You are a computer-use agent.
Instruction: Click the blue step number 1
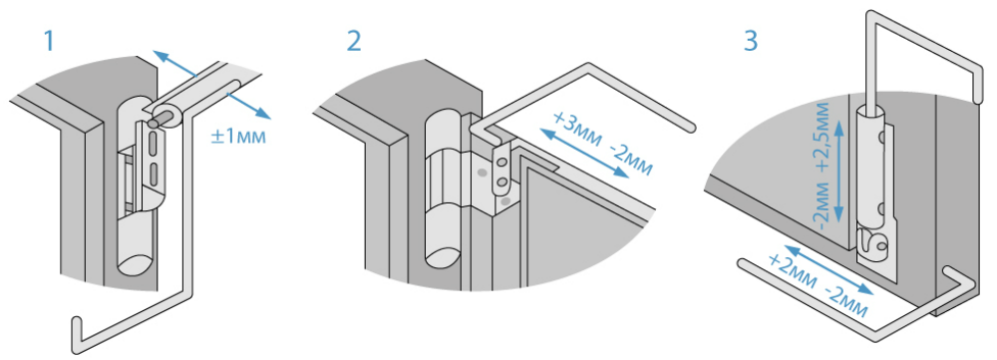[49, 41]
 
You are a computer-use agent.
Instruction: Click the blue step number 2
[354, 41]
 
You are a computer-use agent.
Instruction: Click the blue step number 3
[751, 41]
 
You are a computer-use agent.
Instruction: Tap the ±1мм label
[238, 136]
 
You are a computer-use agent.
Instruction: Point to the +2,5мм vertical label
[823, 136]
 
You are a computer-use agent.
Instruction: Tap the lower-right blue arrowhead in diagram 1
[263, 113]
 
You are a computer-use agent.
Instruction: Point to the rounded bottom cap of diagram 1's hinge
[135, 263]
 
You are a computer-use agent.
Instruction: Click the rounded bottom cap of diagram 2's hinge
[443, 254]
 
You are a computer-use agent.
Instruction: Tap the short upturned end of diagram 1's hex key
[77, 332]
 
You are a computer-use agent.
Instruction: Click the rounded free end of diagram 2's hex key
[691, 128]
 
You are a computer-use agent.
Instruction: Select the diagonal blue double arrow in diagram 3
[827, 273]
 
